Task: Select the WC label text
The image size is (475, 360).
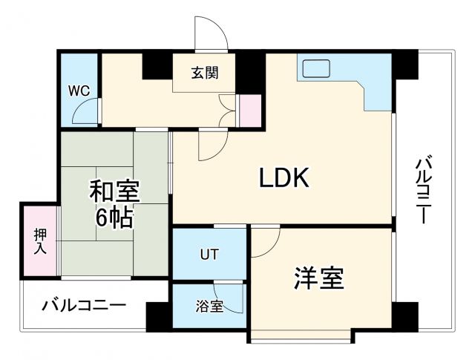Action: (x=79, y=91)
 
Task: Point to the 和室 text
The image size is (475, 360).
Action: (x=115, y=192)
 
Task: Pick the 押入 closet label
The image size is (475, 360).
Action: (x=39, y=241)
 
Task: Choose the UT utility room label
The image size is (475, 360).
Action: (x=209, y=255)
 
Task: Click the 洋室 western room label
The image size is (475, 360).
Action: (x=318, y=278)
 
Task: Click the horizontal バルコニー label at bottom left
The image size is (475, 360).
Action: (x=84, y=304)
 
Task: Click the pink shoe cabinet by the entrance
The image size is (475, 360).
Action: (x=250, y=111)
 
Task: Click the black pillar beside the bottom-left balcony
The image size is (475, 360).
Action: (x=157, y=317)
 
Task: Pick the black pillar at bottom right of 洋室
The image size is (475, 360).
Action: (x=404, y=317)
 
